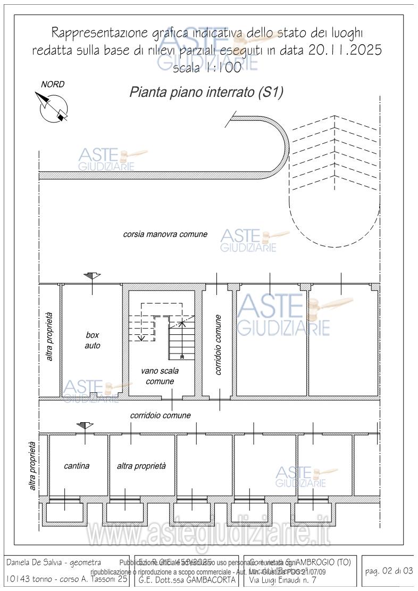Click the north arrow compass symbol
click(x=52, y=105)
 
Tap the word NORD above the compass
click(x=53, y=84)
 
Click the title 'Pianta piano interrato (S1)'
click(x=206, y=92)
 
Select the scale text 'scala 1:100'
click(x=207, y=68)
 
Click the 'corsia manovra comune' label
click(x=165, y=234)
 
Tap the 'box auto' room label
click(x=93, y=340)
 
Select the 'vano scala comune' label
click(x=160, y=376)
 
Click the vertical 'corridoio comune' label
click(x=219, y=344)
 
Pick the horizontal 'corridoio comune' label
click(x=160, y=415)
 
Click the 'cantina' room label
click(x=77, y=466)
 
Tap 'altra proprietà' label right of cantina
click(x=141, y=466)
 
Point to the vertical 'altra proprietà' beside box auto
click(x=49, y=336)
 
